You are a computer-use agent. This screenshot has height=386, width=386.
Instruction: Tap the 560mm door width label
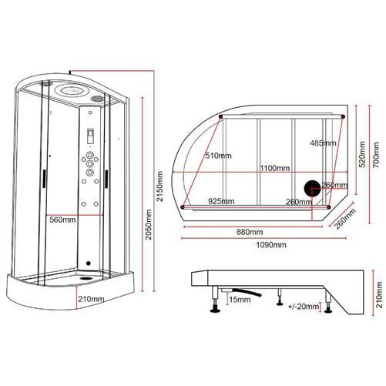63,220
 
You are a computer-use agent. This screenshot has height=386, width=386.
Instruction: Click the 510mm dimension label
219,156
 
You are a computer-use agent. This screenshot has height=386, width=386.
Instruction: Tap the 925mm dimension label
220,201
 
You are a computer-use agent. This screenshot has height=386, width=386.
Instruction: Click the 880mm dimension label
250,232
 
